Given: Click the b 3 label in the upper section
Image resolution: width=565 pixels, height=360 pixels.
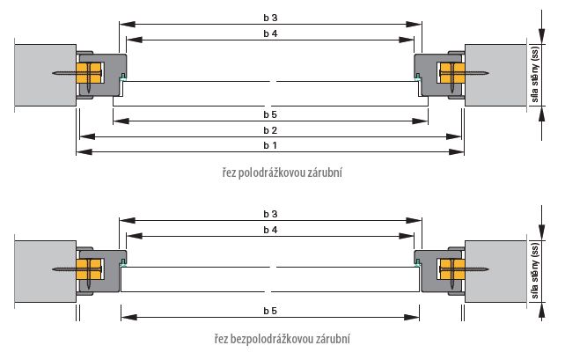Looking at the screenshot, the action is pos(270,18).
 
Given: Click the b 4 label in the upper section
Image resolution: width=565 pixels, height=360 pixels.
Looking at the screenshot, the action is pos(270,33).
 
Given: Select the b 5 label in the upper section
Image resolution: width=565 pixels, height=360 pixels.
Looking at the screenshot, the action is pos(270,114).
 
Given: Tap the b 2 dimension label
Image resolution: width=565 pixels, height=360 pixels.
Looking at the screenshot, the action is pos(270,130).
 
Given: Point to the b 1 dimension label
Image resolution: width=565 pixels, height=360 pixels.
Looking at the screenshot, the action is pos(270,145).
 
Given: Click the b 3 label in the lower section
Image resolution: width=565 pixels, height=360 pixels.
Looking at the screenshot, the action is pos(270,214).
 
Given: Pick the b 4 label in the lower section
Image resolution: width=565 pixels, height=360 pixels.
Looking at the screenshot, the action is pos(270,230).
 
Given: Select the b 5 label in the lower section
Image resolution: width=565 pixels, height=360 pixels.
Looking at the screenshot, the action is pos(270,311).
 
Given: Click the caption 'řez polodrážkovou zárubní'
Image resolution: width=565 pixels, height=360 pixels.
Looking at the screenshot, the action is pos(282,173).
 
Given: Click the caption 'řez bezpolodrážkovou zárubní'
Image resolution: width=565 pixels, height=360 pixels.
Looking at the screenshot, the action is pos(282,339).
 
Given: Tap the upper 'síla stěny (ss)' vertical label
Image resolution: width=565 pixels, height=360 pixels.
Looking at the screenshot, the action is pos(535,74).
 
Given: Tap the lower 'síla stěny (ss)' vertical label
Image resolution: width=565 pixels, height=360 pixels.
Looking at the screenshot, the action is pos(535,271).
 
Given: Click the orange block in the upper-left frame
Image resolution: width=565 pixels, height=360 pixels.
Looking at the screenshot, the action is pos(89,73).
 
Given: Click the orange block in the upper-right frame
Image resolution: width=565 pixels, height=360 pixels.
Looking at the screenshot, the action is pos(451,73).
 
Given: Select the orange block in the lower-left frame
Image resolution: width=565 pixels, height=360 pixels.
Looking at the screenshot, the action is pos(89,269).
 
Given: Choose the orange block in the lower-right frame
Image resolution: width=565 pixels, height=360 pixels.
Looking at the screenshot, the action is pos(451,269).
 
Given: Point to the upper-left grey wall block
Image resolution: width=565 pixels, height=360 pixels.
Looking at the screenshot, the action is pos(46,76).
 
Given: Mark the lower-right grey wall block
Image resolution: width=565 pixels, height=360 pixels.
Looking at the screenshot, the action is pos(495,272).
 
